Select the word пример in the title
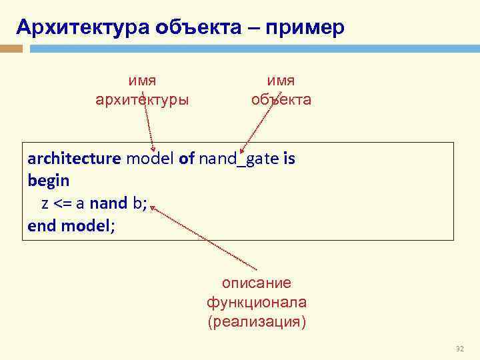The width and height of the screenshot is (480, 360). tap(305, 28)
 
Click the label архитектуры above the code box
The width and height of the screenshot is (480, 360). tap(143, 100)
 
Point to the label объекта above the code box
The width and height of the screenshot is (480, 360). tap(281, 100)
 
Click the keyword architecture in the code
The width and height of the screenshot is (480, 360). tap(74, 159)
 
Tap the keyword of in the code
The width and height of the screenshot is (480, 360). tap(186, 159)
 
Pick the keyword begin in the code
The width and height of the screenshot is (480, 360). tap(49, 181)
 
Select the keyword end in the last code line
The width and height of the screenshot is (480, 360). tap(41, 226)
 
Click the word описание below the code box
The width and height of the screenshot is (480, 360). tap(257, 283)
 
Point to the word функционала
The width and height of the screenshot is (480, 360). tap(257, 303)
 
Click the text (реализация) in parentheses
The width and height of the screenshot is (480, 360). tap(257, 323)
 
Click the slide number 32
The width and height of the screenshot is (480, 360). tap(459, 349)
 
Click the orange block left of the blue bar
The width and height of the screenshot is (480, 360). tap(11, 49)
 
